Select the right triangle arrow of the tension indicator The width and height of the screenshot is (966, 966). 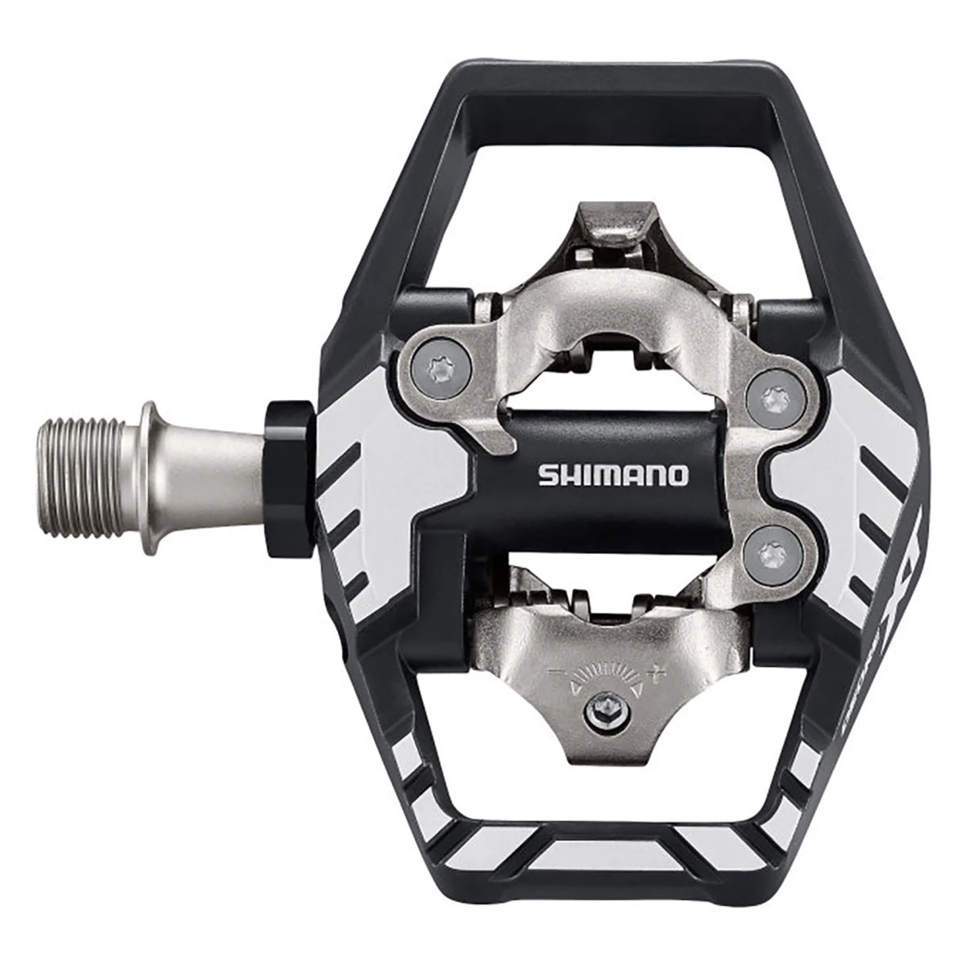click(636, 690)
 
